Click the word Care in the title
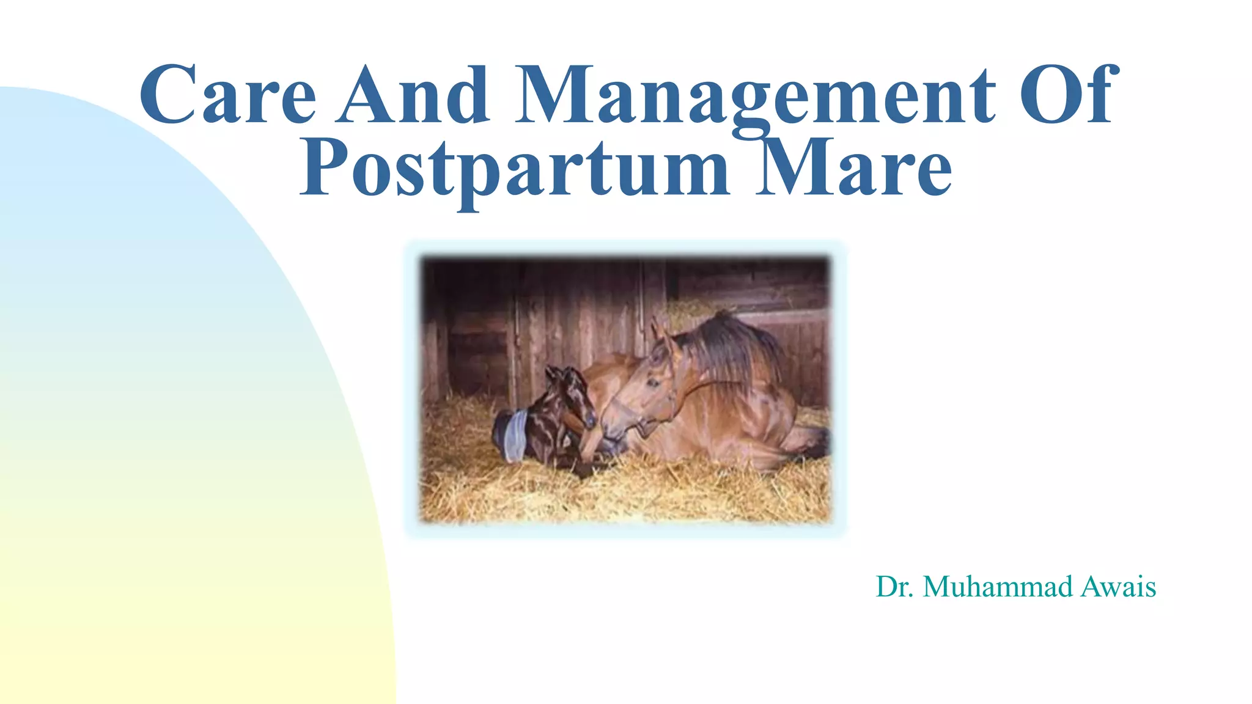(227, 95)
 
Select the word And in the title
(414, 95)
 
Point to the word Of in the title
(1069, 95)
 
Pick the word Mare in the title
(853, 168)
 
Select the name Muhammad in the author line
(998, 587)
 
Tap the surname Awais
(1118, 587)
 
